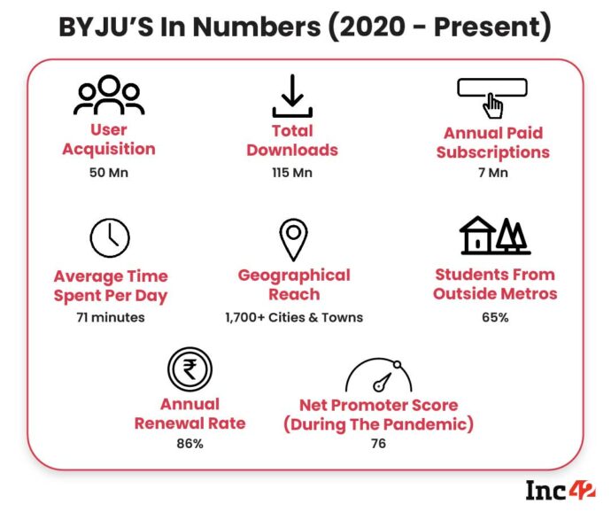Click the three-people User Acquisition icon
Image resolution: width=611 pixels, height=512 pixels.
(x=108, y=97)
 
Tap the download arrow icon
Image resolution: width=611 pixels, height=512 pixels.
(x=292, y=97)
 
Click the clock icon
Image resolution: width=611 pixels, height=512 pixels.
(x=110, y=237)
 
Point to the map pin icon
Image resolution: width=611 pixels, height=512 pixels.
(x=292, y=238)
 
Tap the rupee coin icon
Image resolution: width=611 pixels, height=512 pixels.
(x=189, y=368)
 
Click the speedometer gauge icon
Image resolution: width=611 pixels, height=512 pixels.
(x=378, y=376)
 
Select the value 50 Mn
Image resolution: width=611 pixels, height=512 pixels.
(x=108, y=172)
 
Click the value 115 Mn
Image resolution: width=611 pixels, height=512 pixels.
(x=292, y=172)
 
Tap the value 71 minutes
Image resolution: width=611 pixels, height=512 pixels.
(x=110, y=316)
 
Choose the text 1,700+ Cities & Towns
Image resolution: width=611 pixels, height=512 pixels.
(x=293, y=316)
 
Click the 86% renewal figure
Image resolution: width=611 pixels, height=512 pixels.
(x=189, y=443)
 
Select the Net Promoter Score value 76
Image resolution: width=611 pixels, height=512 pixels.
(x=378, y=443)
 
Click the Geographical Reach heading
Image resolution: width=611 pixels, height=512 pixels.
(x=294, y=284)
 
